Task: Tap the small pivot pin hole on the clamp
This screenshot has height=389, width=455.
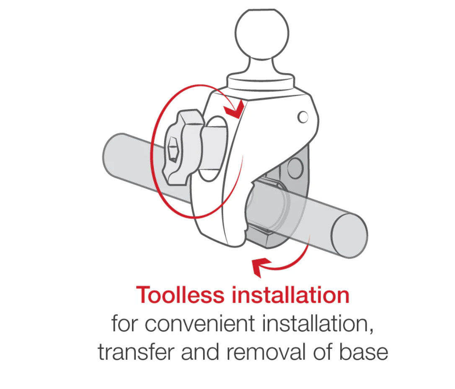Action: click(x=303, y=117)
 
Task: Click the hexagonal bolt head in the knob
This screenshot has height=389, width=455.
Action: click(x=173, y=149)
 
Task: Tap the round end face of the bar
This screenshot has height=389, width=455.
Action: click(x=349, y=235)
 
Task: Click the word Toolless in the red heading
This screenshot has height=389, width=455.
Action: click(x=180, y=295)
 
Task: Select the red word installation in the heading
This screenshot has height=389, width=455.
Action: click(x=290, y=295)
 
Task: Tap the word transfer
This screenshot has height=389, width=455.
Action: click(x=137, y=352)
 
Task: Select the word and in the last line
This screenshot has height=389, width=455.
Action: click(x=201, y=352)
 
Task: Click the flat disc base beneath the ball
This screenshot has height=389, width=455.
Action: click(x=261, y=82)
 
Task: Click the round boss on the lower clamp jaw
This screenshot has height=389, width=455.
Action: click(x=295, y=168)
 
